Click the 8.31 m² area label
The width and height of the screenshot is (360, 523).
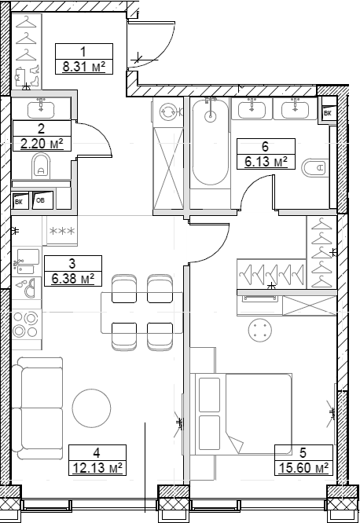coord(85,68)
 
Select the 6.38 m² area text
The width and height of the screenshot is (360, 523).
coord(73,278)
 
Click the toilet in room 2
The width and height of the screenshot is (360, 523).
coord(42,166)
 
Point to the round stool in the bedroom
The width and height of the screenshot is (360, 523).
coord(260,331)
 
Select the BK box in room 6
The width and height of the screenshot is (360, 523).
coord(327,113)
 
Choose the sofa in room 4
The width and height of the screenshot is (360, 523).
coord(39,408)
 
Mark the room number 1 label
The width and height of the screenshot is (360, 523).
coord(85,52)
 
